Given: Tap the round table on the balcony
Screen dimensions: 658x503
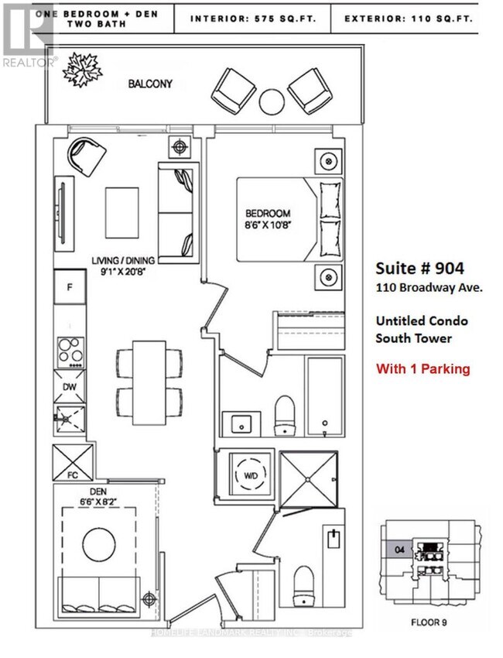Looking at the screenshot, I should pos(271,100).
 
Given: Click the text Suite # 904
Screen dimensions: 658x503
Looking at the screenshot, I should pos(419,269).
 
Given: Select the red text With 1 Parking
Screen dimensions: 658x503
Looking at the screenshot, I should pos(423,368).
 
